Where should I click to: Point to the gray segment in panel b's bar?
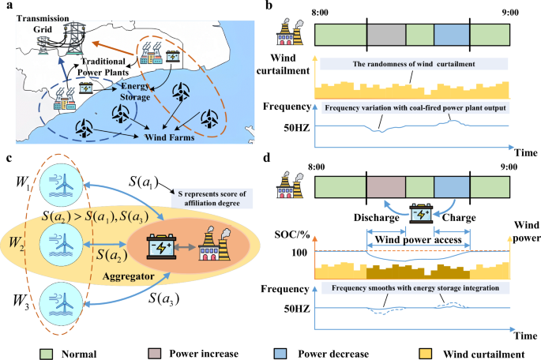(386, 36)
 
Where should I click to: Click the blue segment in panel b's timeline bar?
(451, 36)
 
